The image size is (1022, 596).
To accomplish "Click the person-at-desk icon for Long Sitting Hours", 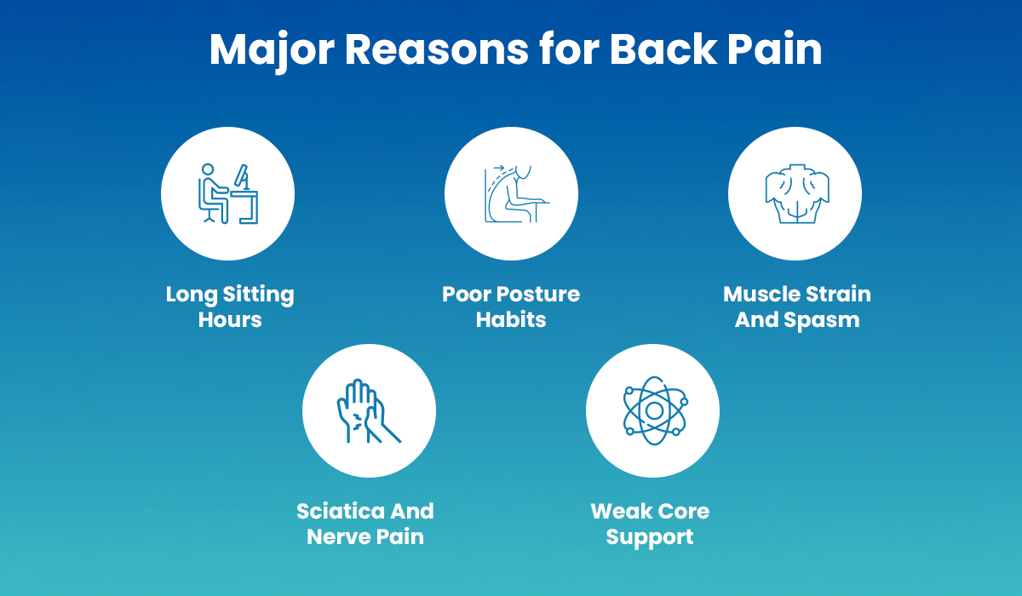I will [x=228, y=193].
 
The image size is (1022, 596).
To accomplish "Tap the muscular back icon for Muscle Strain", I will [x=795, y=195].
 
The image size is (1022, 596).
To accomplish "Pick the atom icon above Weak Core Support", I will [x=653, y=411].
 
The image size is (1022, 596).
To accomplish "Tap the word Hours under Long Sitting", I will [x=230, y=320].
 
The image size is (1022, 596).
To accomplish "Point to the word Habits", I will [x=511, y=320].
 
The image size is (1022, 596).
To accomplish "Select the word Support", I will [x=650, y=537].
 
